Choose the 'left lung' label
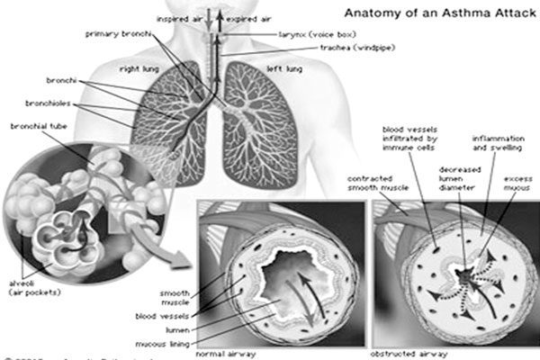tap(283, 68)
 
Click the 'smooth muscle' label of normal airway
tap(175, 297)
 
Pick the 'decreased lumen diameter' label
tap(459, 180)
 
